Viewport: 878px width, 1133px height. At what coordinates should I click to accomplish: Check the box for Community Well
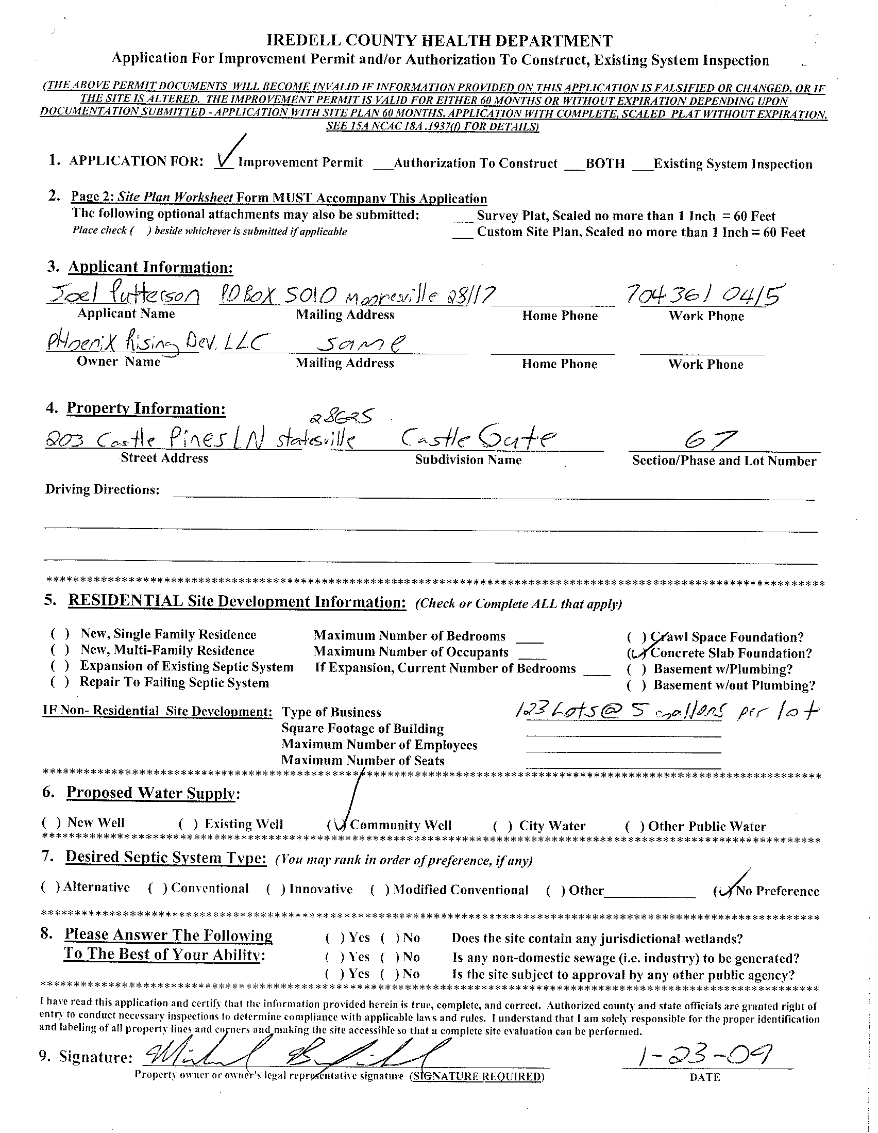(x=337, y=825)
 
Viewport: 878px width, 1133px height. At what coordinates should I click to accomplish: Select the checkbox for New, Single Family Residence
(x=60, y=634)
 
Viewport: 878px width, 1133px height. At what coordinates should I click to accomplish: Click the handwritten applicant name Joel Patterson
(x=123, y=296)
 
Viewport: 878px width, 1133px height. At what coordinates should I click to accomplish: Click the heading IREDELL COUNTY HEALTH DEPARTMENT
(x=439, y=40)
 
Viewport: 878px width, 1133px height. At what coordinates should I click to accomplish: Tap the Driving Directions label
(x=102, y=489)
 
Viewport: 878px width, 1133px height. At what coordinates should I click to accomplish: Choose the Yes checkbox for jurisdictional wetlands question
(x=335, y=938)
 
